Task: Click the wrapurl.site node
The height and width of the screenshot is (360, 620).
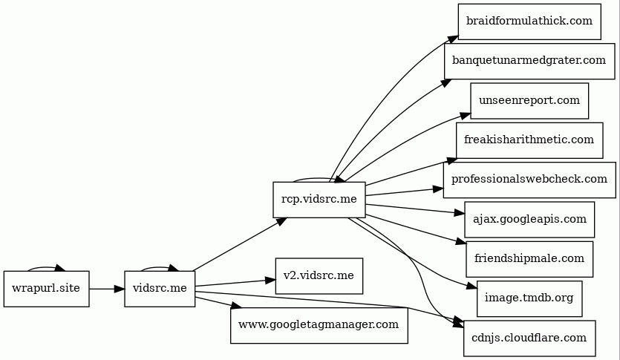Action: (46, 288)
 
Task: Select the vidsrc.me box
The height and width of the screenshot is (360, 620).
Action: (159, 288)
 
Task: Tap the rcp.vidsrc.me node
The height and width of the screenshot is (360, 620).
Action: (319, 199)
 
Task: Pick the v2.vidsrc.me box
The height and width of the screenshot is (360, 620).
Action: (319, 276)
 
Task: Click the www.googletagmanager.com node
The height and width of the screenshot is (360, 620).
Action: (319, 324)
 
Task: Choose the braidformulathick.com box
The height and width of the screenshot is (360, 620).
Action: (529, 21)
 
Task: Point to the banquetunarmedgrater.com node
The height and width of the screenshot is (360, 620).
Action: (529, 61)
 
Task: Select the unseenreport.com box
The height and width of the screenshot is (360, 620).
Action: (529, 100)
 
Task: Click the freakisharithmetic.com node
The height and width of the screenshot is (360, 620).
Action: (529, 140)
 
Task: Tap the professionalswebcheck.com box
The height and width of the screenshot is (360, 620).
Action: (529, 180)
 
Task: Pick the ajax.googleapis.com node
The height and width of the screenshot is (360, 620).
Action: (529, 219)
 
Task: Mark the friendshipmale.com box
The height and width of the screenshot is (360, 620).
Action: (529, 259)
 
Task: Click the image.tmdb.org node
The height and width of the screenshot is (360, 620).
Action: (529, 298)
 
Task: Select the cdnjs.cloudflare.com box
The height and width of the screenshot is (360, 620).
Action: (529, 338)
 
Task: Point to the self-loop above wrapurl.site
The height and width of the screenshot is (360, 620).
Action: (46, 266)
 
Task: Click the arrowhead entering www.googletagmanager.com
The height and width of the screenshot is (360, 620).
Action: (235, 305)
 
